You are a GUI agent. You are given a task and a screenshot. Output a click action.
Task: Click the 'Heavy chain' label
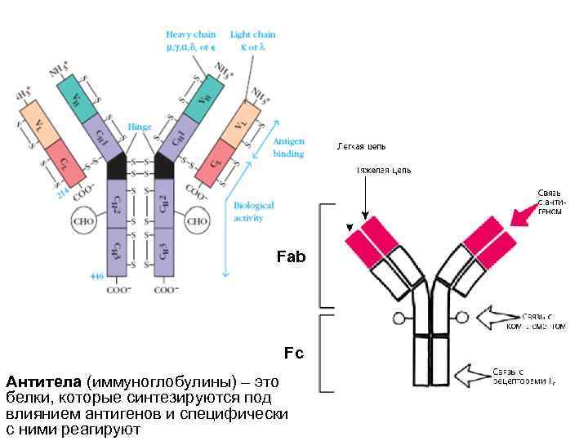[191, 35]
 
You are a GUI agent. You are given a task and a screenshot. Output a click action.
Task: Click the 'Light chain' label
[252, 35]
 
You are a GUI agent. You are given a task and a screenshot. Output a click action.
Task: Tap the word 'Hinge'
[139, 127]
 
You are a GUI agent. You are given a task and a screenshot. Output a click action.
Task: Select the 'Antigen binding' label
[287, 147]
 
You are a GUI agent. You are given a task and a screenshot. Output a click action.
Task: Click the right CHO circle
[197, 220]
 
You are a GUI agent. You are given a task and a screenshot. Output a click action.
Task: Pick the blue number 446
[96, 277]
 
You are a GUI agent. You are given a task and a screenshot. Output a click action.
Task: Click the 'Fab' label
[292, 257]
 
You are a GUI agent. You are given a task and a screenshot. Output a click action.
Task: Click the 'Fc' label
[293, 353]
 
